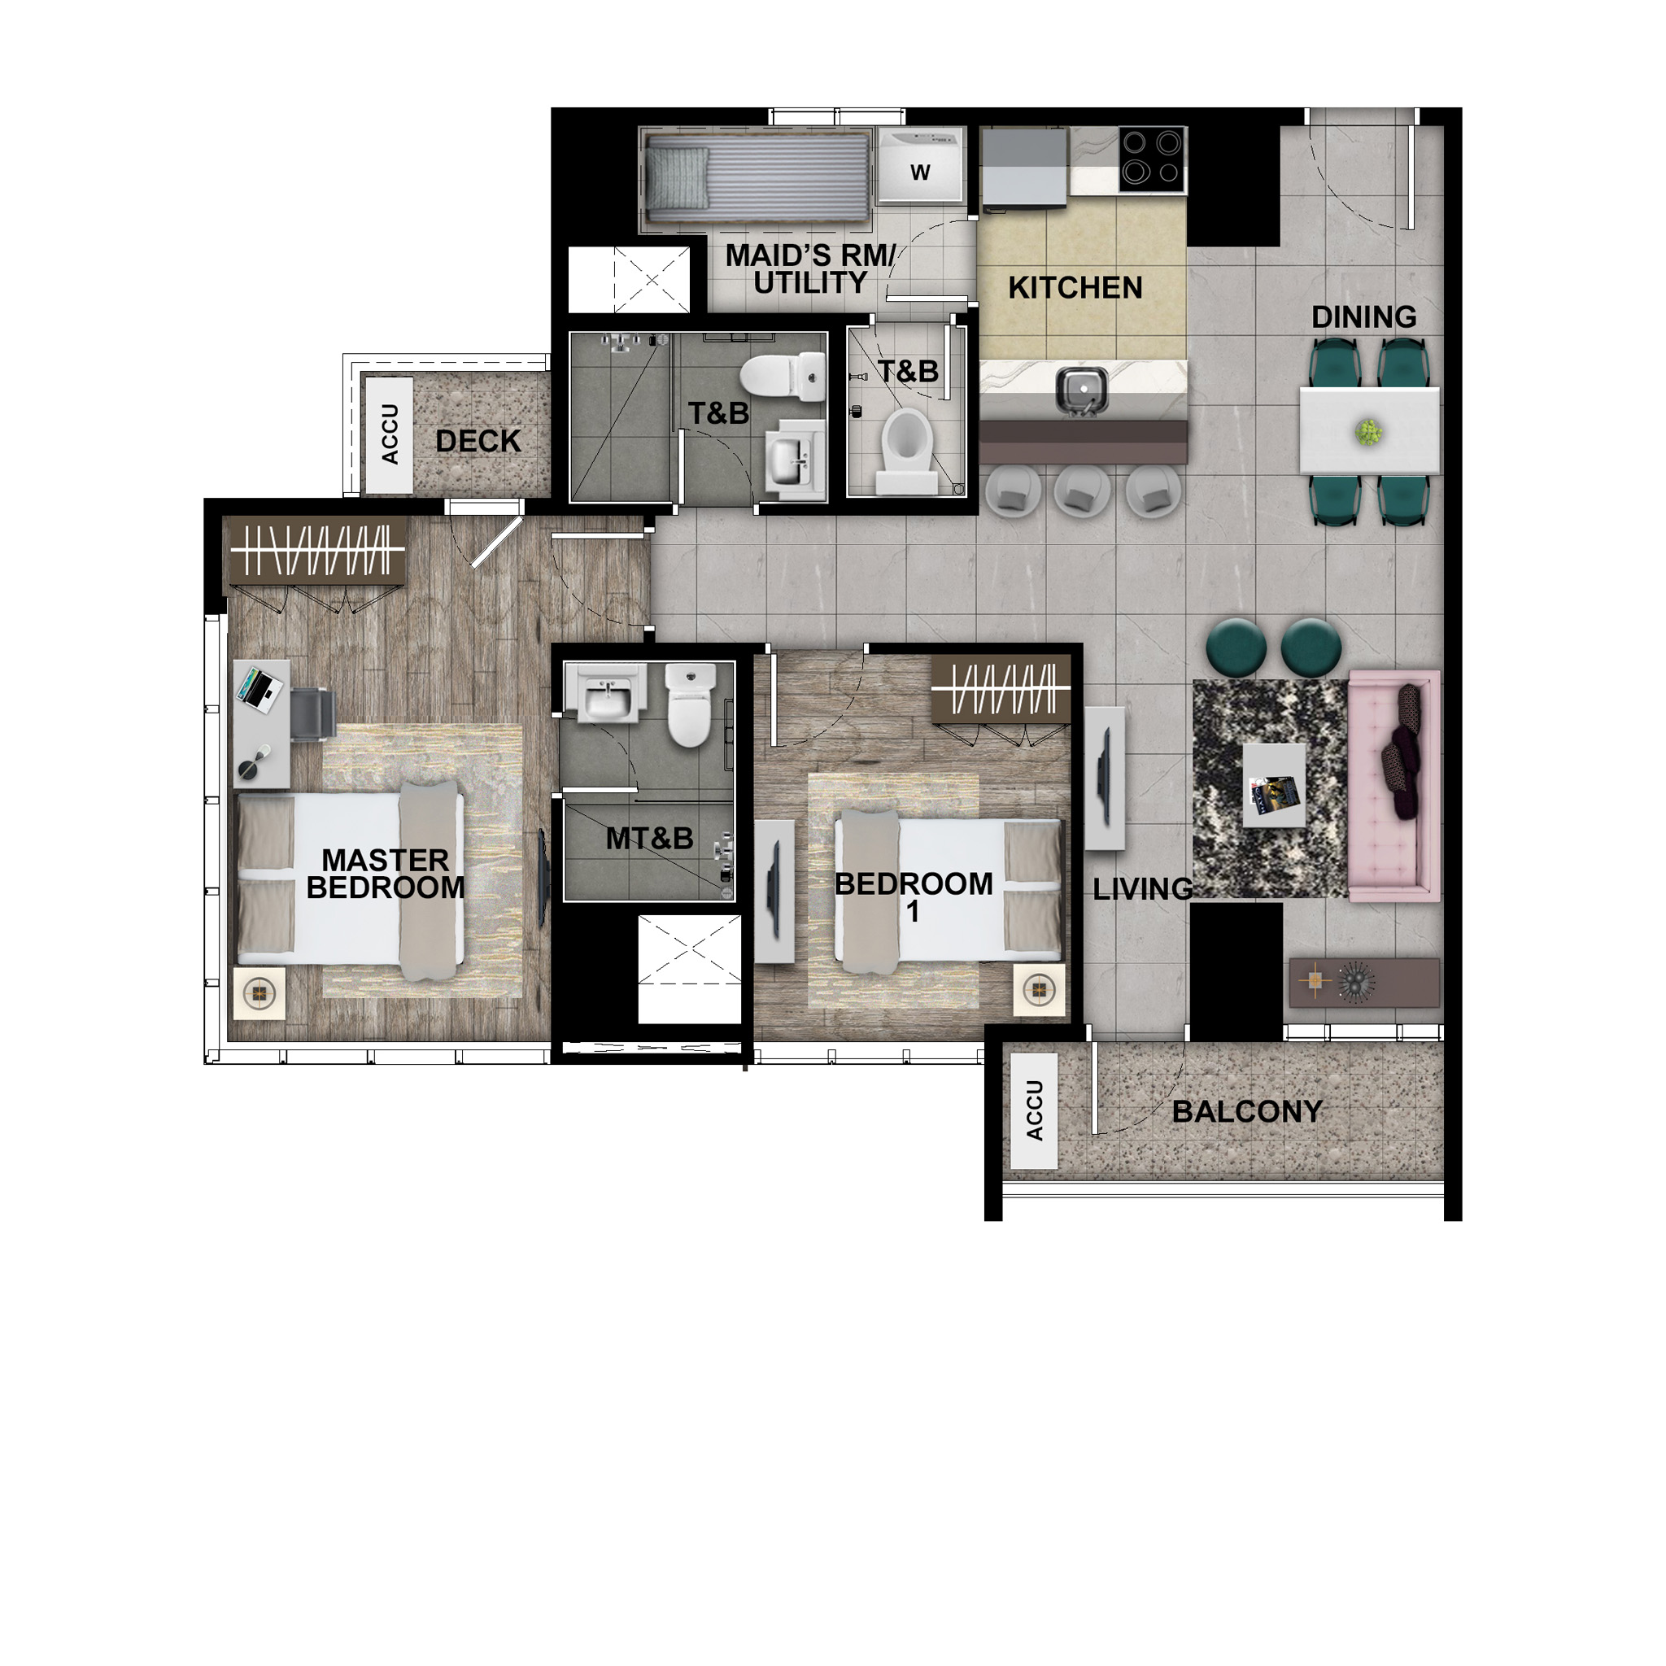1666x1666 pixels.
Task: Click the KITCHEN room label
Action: point(1075,288)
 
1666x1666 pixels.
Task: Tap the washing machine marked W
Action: point(919,168)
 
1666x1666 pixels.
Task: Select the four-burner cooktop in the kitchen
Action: point(1152,159)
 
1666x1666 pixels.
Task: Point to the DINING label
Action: point(1363,317)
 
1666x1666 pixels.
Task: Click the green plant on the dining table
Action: point(1367,430)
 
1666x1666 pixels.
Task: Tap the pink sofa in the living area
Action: point(1393,786)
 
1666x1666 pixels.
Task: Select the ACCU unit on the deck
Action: point(390,434)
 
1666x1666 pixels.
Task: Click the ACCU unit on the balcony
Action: point(1034,1110)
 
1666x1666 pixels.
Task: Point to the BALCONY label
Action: point(1247,1112)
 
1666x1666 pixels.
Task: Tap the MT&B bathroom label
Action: point(649,838)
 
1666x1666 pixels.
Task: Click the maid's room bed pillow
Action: point(678,177)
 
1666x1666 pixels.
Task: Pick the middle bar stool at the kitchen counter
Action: point(1080,492)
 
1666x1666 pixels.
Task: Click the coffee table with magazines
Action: point(1274,786)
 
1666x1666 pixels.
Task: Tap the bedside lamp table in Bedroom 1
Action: point(1039,990)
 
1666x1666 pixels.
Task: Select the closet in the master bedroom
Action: point(315,550)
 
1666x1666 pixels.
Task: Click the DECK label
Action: point(478,442)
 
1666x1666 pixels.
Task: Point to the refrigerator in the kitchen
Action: point(1024,168)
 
